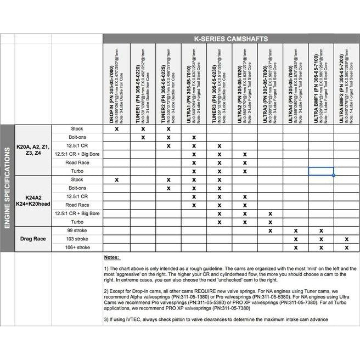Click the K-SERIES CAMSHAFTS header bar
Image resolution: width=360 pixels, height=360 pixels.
tap(231, 39)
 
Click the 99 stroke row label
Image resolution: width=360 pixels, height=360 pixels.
tap(77, 230)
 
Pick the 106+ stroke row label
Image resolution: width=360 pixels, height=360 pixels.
tap(77, 248)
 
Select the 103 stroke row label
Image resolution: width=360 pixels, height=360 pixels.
tap(77, 239)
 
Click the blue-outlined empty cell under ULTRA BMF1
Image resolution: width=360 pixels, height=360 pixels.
tap(321, 171)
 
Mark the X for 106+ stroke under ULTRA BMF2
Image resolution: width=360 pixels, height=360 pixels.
tap(347, 248)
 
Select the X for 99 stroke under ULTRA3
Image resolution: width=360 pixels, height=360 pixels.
tap(270, 230)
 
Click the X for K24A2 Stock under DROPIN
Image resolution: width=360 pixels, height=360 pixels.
tap(116, 179)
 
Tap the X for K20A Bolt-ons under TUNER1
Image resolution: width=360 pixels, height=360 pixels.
tap(142, 137)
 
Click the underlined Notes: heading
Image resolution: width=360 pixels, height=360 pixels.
tap(111, 257)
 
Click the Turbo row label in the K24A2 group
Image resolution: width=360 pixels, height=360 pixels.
tap(77, 222)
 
